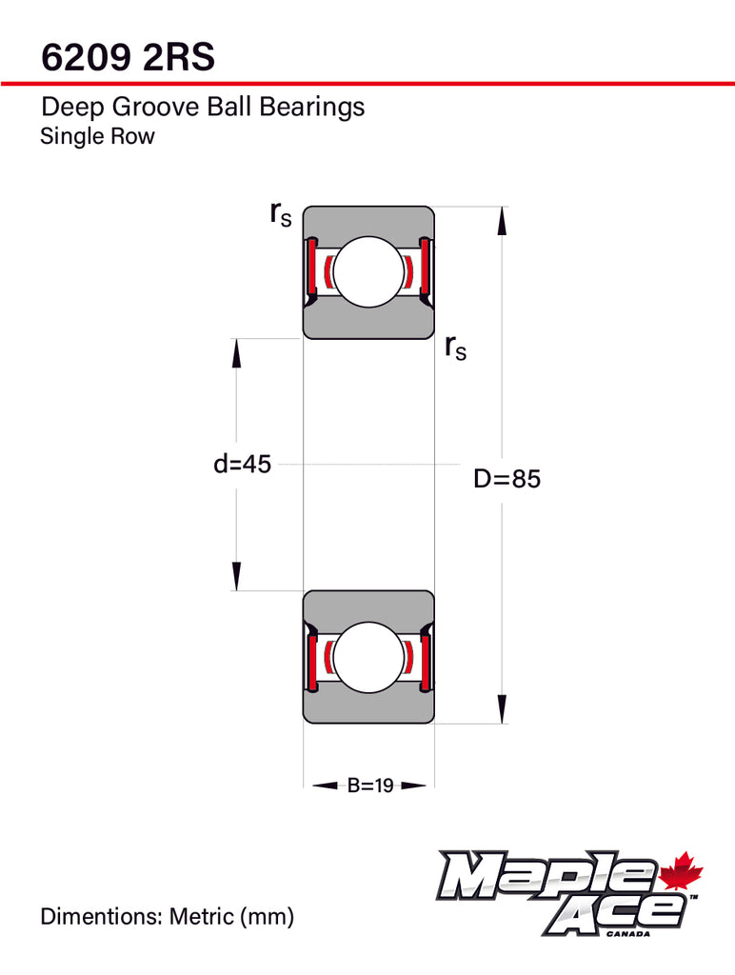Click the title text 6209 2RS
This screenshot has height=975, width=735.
click(x=129, y=56)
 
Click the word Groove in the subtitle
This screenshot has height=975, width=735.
click(x=155, y=107)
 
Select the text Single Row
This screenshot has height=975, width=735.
click(x=98, y=136)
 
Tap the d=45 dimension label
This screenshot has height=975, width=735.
click(x=242, y=464)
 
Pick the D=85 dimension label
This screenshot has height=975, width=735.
click(x=507, y=479)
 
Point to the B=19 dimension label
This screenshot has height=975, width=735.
click(x=370, y=786)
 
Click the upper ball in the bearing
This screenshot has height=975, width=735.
click(x=368, y=271)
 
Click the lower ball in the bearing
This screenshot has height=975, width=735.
click(x=368, y=657)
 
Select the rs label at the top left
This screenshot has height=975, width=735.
click(x=281, y=214)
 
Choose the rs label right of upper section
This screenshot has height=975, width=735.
click(x=455, y=347)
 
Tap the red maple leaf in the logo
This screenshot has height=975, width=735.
click(x=681, y=870)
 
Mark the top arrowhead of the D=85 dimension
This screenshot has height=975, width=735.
click(x=502, y=221)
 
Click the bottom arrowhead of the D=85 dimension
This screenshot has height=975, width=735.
click(x=502, y=709)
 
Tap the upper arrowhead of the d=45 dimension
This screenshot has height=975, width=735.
click(x=236, y=353)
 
